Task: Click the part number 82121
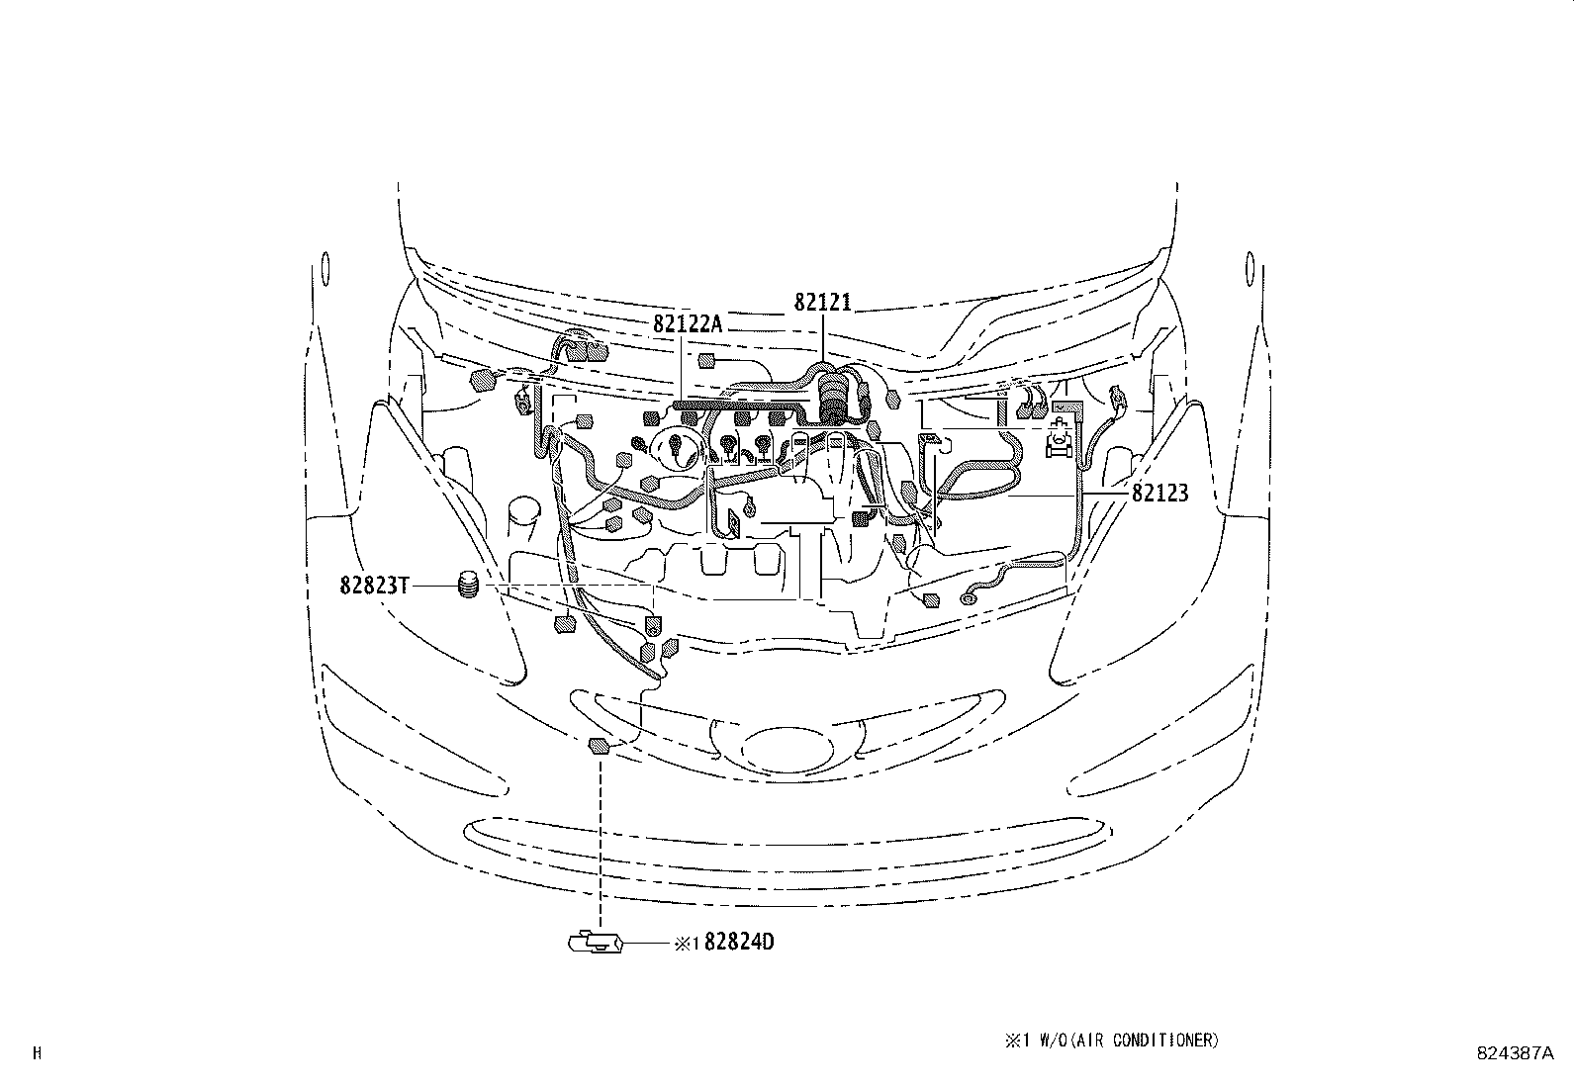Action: pos(822,303)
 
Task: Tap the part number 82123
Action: pos(1159,492)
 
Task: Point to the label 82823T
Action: pos(374,586)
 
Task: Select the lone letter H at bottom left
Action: pos(38,1054)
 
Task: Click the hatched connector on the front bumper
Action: pos(598,746)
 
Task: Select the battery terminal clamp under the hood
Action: pos(1060,441)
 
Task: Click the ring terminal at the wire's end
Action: pos(969,596)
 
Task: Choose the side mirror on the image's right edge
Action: pos(1249,268)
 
